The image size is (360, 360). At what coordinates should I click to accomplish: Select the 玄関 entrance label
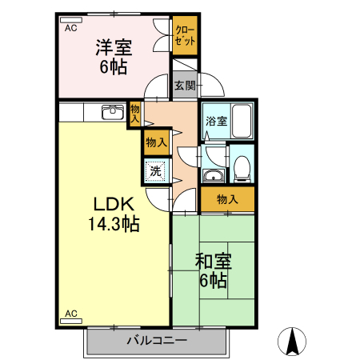(185, 84)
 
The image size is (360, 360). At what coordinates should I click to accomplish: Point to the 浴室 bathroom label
(216, 122)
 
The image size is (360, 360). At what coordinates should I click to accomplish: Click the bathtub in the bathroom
(241, 122)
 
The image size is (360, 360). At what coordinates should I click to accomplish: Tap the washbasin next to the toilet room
(214, 176)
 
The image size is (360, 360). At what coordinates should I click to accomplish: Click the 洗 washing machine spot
(156, 170)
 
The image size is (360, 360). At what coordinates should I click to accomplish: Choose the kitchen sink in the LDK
(112, 111)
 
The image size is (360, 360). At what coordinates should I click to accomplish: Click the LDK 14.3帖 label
(113, 215)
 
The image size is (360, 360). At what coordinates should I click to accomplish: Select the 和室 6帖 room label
(212, 270)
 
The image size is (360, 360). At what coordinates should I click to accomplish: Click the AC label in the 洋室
(70, 28)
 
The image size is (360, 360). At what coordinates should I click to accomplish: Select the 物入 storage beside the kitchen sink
(135, 113)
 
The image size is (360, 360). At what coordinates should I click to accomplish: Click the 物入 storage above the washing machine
(156, 142)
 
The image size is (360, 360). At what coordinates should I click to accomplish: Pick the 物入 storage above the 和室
(227, 199)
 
